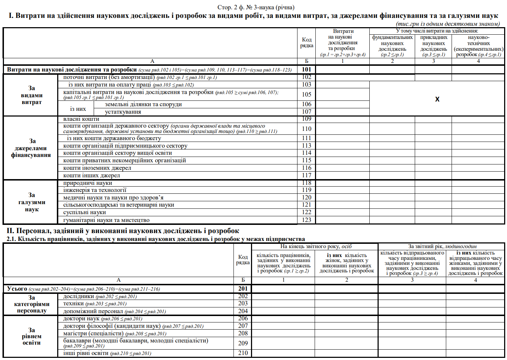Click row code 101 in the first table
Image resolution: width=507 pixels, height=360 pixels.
pyautogui.click(x=306, y=69)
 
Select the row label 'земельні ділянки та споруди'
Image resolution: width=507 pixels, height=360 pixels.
pyautogui.click(x=143, y=104)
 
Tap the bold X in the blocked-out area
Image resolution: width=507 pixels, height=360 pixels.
pyautogui.click(x=437, y=99)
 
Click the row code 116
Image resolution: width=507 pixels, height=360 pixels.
pyautogui.click(x=306, y=168)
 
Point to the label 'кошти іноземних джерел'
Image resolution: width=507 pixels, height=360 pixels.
pyautogui.click(x=97, y=168)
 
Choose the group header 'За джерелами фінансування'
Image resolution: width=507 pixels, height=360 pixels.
pyautogui.click(x=31, y=148)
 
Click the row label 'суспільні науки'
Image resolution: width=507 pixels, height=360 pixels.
pyautogui.click(x=84, y=212)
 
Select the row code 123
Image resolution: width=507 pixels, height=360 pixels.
pyautogui.click(x=306, y=220)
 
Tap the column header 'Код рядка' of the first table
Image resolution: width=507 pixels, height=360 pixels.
pyautogui.click(x=306, y=42)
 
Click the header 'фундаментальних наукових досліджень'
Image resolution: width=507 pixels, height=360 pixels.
pyautogui.click(x=392, y=43)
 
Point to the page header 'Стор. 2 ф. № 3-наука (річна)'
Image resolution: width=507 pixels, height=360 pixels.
pyautogui.click(x=256, y=7)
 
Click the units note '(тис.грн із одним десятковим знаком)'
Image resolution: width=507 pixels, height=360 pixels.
pyautogui.click(x=448, y=24)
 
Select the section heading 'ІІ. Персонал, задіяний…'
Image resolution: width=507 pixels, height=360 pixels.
pyautogui.click(x=123, y=231)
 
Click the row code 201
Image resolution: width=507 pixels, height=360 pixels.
pyautogui.click(x=243, y=289)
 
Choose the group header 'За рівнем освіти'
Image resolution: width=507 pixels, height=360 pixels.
pyautogui.click(x=31, y=336)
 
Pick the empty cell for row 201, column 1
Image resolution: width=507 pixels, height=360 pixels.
pyautogui.click(x=283, y=289)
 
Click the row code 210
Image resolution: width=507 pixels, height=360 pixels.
pyautogui.click(x=243, y=353)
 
